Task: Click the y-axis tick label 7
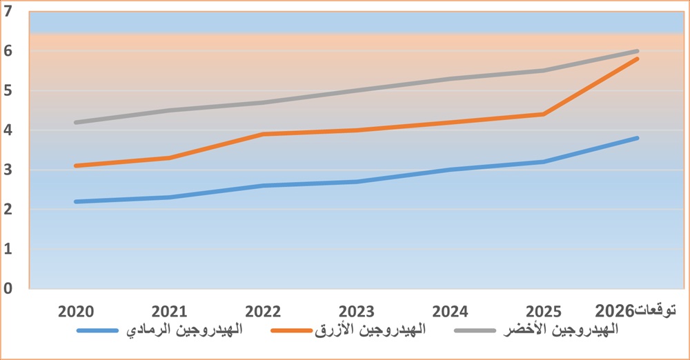9,11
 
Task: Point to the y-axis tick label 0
9,289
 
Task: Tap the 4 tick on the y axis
9,130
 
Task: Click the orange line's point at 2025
544,114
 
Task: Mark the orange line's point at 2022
264,134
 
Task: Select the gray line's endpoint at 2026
638,51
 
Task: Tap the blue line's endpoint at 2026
638,138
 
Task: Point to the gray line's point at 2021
169,110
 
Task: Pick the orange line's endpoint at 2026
638,59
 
